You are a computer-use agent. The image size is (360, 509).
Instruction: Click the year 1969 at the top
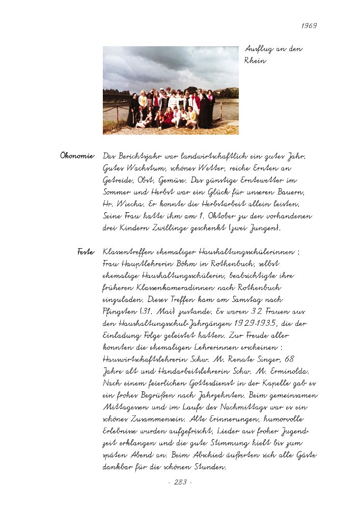(309, 25)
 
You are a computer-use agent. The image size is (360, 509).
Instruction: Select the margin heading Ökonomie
(77, 155)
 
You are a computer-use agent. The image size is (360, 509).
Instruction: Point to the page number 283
(180, 482)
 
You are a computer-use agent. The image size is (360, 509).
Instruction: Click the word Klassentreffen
(127, 252)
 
